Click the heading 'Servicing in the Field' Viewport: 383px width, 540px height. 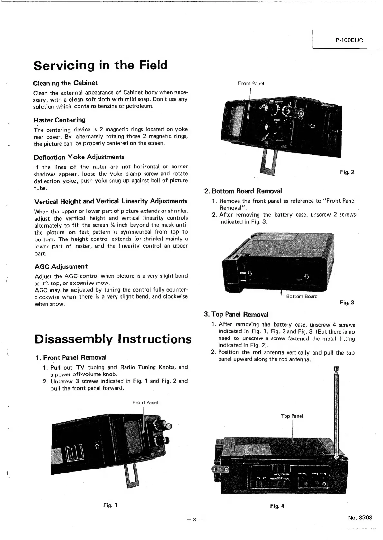100,65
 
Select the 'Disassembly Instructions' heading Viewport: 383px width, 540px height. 113,339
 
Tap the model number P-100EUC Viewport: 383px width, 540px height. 349,40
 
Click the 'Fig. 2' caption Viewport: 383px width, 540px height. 347,172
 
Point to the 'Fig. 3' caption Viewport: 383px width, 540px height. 347,302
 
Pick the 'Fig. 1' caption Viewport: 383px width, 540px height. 110,505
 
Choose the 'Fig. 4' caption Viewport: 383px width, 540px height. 277,506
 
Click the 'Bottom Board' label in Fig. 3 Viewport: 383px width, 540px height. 302,296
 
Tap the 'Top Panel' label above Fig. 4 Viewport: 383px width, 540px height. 292,416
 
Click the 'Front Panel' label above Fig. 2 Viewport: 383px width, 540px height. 251,83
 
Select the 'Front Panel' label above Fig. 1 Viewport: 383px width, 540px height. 145,402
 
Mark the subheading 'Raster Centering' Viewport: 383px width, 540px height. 60,120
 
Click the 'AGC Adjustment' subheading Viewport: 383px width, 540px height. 61,266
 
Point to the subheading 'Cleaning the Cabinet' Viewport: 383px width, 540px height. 65,83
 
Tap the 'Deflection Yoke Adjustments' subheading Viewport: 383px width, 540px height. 79,157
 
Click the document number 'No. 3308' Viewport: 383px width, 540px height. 360,517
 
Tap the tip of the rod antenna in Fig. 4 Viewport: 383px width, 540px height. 337,368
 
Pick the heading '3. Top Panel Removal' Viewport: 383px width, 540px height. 236,314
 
